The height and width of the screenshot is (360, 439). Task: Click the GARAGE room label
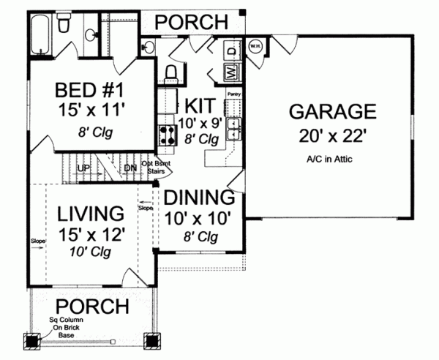[332, 112]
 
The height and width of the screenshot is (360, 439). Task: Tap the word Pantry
[234, 94]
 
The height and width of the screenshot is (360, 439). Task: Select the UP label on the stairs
[84, 168]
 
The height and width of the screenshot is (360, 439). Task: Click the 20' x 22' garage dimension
[332, 135]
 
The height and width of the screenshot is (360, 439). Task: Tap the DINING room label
[199, 198]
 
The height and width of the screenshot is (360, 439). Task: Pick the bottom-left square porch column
[33, 340]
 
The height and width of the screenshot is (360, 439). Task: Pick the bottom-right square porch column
[152, 340]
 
